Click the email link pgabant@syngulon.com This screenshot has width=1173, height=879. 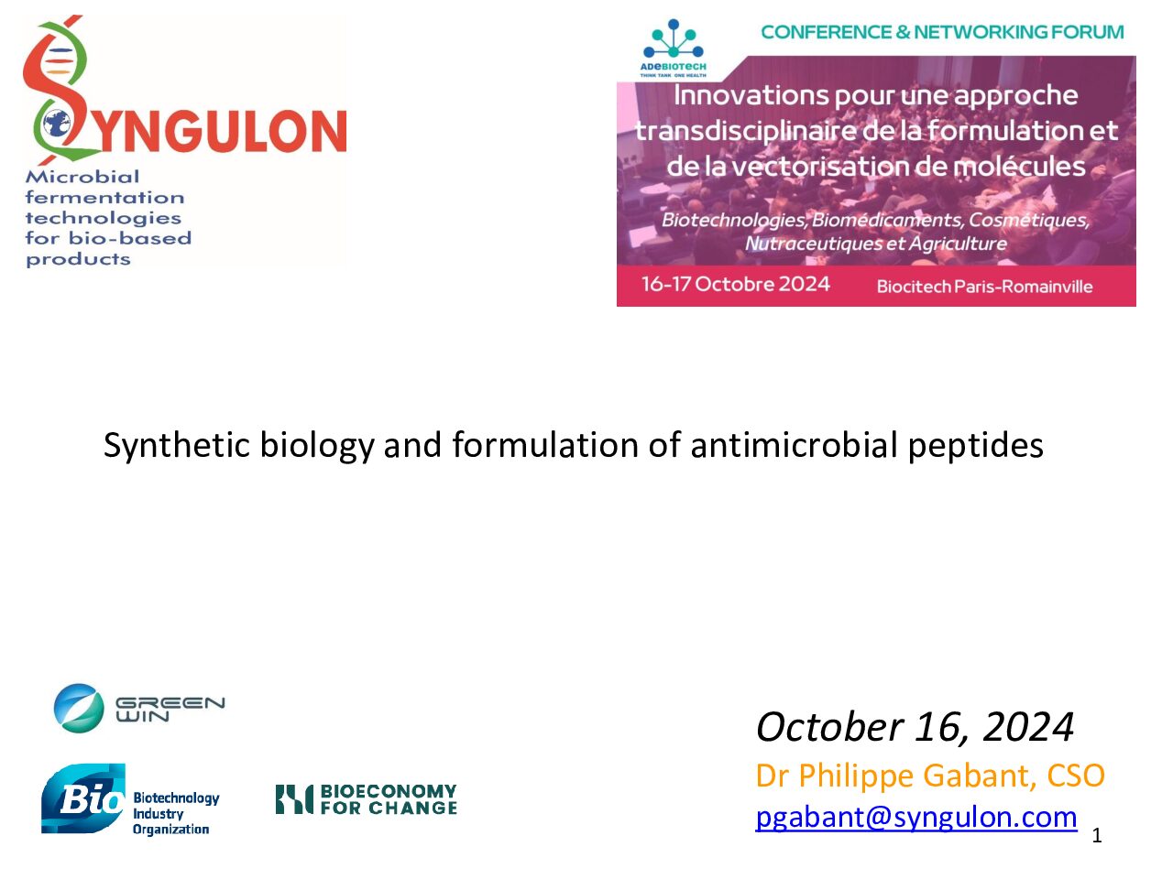pyautogui.click(x=916, y=817)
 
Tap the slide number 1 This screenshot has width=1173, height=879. pyautogui.click(x=1097, y=836)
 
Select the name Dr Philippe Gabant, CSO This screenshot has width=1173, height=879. pyautogui.click(x=930, y=776)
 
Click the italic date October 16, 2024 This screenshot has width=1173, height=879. pyautogui.click(x=915, y=727)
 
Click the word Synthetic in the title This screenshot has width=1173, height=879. pyautogui.click(x=176, y=446)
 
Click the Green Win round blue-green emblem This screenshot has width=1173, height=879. pyautogui.click(x=79, y=708)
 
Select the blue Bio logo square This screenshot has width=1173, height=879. pyautogui.click(x=82, y=798)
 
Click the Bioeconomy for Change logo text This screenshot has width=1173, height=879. pyautogui.click(x=389, y=799)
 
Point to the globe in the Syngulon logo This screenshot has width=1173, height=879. pyautogui.click(x=57, y=125)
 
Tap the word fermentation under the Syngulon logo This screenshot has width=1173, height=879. pyautogui.click(x=104, y=198)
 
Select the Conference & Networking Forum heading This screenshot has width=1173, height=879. pyautogui.click(x=942, y=32)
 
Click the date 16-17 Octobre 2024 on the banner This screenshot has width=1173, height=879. pyautogui.click(x=735, y=284)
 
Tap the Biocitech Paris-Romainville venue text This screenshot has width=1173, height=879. pyautogui.click(x=984, y=287)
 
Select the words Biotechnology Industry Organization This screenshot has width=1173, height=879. pyautogui.click(x=176, y=814)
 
